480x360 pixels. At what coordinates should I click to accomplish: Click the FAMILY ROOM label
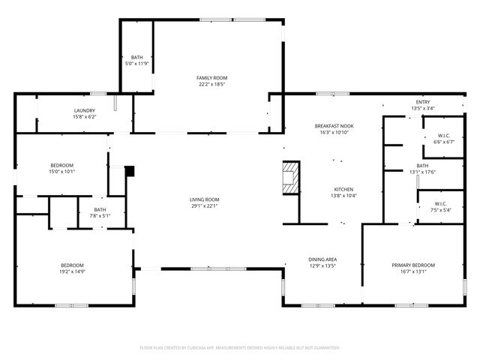[212, 78]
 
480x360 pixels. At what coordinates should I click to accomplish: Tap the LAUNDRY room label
[84, 110]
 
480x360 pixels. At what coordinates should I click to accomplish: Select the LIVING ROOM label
[204, 199]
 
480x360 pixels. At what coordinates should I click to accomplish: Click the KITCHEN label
[343, 189]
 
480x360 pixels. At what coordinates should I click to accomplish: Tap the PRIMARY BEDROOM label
[413, 265]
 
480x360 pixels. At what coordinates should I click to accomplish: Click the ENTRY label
[423, 102]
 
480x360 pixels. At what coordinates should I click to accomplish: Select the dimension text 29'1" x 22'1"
[204, 205]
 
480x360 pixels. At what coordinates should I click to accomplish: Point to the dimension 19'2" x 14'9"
[72, 272]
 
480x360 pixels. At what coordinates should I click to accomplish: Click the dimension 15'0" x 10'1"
[62, 172]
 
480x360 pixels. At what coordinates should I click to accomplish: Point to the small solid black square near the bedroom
[129, 171]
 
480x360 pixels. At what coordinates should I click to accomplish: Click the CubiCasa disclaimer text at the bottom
[240, 348]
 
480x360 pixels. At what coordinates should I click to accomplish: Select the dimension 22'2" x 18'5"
[212, 85]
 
